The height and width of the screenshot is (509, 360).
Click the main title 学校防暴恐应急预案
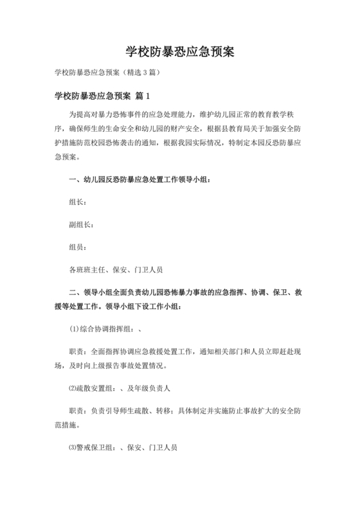(x=179, y=51)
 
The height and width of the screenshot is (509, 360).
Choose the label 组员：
(x=79, y=247)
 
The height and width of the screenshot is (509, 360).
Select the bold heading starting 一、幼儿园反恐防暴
(x=139, y=179)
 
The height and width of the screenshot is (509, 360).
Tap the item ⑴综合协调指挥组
(x=101, y=329)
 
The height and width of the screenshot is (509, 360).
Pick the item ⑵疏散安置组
(x=93, y=389)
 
